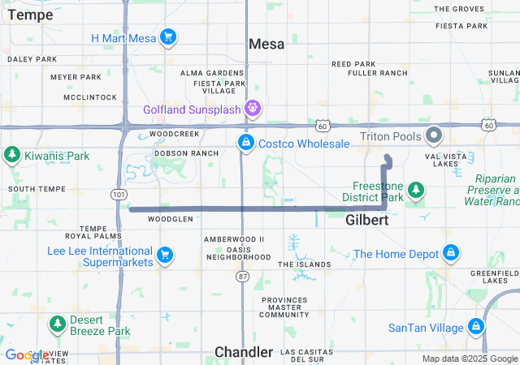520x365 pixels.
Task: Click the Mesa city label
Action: (266, 44)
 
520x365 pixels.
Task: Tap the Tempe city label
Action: (30, 15)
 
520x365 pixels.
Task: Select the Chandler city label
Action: (244, 352)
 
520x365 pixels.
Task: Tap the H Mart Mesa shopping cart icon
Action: (168, 37)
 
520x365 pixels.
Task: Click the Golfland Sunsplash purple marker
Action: (253, 108)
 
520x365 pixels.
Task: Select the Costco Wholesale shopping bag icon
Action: (245, 143)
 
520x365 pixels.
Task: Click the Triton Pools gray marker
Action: (434, 135)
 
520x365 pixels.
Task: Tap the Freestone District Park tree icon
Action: (416, 189)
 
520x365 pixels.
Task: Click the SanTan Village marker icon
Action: (476, 328)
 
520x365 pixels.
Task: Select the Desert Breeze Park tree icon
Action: (57, 324)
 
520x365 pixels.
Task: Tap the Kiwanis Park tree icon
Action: (11, 154)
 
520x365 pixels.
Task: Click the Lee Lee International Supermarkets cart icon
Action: (165, 255)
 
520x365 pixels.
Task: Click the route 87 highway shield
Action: (243, 277)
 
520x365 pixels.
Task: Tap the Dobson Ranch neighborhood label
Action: (186, 152)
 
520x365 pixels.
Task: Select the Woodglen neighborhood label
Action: (171, 219)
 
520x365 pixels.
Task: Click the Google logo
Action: (27, 355)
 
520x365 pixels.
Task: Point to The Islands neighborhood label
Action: (305, 264)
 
